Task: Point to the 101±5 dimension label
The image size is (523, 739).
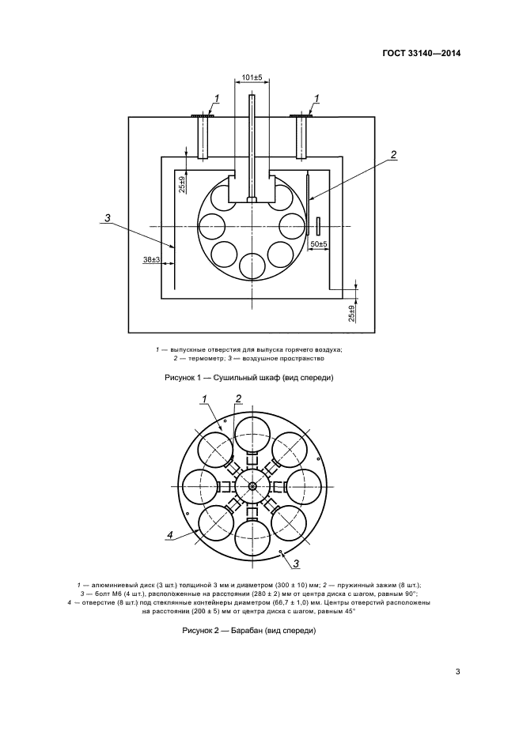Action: pos(251,77)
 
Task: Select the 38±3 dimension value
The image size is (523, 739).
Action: pos(152,259)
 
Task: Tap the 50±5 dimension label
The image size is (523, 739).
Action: pos(318,244)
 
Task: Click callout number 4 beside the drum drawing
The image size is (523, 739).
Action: pos(169,535)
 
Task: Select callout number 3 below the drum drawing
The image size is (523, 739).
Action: pos(295,563)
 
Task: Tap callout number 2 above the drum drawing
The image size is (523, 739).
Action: pos(237,399)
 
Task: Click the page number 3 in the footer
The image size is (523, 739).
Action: pos(457,672)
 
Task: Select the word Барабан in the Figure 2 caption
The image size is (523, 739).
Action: pos(253,631)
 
